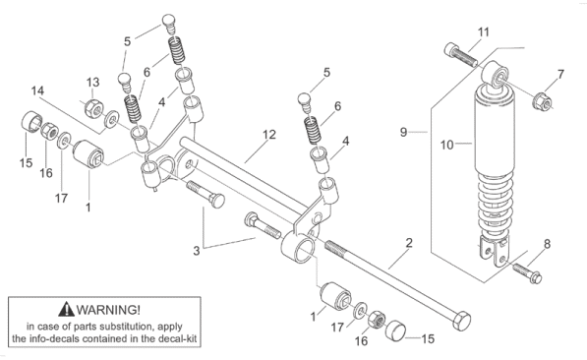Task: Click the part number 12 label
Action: click(x=269, y=135)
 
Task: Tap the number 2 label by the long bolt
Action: click(x=409, y=243)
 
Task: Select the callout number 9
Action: click(x=403, y=132)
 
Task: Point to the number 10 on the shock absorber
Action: click(x=447, y=145)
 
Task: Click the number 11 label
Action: click(x=484, y=32)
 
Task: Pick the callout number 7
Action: click(x=560, y=74)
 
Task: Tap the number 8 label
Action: click(x=547, y=244)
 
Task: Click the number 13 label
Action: click(x=92, y=82)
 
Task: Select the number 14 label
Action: click(x=37, y=90)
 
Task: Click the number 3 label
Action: click(x=197, y=251)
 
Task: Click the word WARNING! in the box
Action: click(x=108, y=310)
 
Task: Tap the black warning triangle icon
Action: click(x=66, y=309)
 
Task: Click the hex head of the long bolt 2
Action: click(x=461, y=321)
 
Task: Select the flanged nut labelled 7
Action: click(x=543, y=100)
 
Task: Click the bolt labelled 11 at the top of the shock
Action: click(x=461, y=55)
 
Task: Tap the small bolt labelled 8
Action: click(x=527, y=272)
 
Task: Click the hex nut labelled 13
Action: click(x=92, y=108)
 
